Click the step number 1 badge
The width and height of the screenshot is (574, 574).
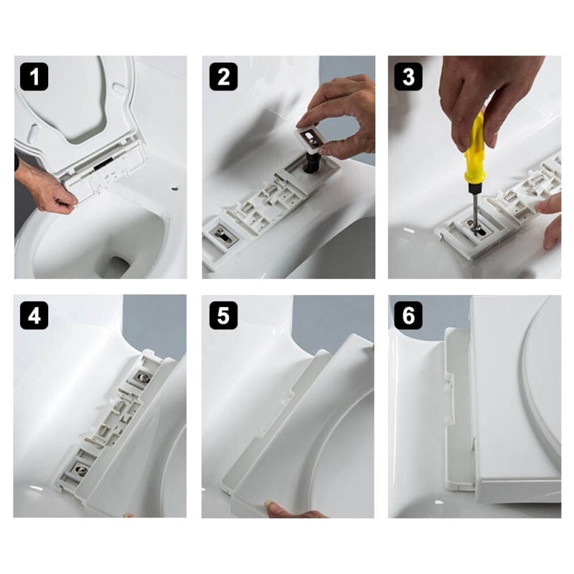[x=34, y=77]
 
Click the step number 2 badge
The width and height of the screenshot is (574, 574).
[x=223, y=77]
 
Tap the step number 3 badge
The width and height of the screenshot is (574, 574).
[x=408, y=77]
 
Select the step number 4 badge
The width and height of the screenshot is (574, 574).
[x=34, y=316]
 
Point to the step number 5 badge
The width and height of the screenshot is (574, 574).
[x=223, y=316]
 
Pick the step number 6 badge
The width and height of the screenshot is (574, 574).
[x=408, y=316]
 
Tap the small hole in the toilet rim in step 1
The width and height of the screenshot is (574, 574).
[x=174, y=189]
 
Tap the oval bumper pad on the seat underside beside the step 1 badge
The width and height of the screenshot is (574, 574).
[x=33, y=134]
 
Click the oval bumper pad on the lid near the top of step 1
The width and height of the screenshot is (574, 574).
[x=118, y=88]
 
